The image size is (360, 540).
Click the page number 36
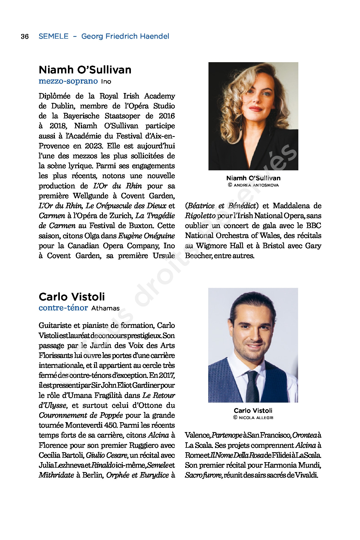(25, 36)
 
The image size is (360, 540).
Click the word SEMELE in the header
(54, 36)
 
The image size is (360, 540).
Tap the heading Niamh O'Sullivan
(85, 70)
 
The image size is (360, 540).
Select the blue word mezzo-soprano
(68, 81)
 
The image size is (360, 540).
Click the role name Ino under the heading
(106, 82)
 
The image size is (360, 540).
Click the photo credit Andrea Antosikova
(253, 185)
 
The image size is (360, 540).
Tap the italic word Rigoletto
(200, 216)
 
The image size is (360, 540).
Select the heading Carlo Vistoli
(72, 297)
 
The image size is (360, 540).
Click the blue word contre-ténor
(63, 308)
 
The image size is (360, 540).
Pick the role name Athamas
(106, 308)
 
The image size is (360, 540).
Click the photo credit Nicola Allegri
(253, 417)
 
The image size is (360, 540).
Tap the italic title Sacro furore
(204, 475)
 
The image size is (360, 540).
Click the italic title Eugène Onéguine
(146, 236)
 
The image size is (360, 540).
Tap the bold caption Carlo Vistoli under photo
(253, 410)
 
